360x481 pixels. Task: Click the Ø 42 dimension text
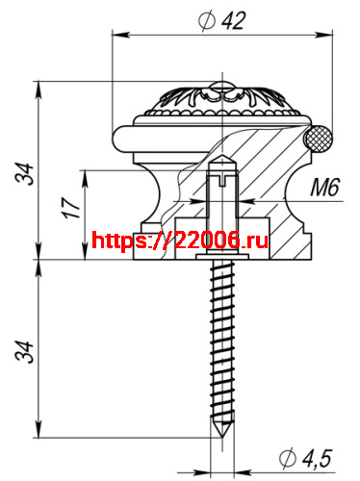click(x=223, y=20)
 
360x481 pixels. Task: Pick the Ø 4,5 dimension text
click(x=308, y=457)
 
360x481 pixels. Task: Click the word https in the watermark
click(x=121, y=240)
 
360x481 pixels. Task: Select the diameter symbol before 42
click(x=205, y=20)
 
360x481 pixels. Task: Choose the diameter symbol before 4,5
click(x=285, y=457)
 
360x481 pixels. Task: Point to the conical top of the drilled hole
click(x=222, y=157)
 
